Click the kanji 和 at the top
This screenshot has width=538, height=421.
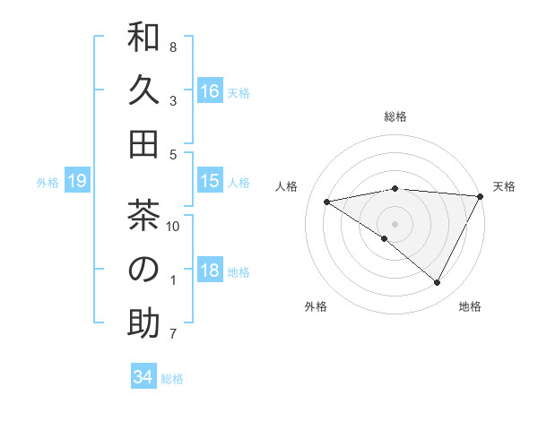143,39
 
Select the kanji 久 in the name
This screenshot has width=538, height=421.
143,91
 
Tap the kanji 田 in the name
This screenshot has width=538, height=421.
143,143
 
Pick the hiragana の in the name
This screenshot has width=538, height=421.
143,270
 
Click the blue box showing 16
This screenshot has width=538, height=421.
210,91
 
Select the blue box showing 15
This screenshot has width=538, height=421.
210,181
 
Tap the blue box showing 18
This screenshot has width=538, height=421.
210,271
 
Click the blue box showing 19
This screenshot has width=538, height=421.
77,182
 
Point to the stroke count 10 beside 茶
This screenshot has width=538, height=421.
173,226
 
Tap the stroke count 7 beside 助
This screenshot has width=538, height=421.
173,333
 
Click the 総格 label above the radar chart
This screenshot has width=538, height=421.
395,116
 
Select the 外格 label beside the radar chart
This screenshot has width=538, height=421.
316,306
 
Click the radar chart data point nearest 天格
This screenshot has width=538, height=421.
481,197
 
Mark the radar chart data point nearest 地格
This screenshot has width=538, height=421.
438,283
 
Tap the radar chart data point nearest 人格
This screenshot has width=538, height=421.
327,202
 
